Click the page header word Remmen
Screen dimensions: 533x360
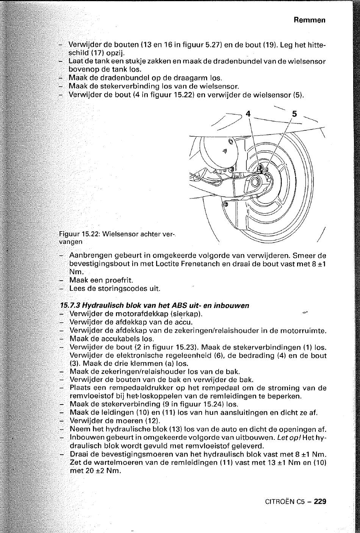click(310, 20)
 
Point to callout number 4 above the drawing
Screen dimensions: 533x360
click(248, 113)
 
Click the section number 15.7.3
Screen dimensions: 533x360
click(70, 305)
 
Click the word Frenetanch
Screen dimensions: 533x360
click(201, 264)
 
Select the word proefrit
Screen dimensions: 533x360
click(118, 280)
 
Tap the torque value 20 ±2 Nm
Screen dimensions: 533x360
click(96, 471)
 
